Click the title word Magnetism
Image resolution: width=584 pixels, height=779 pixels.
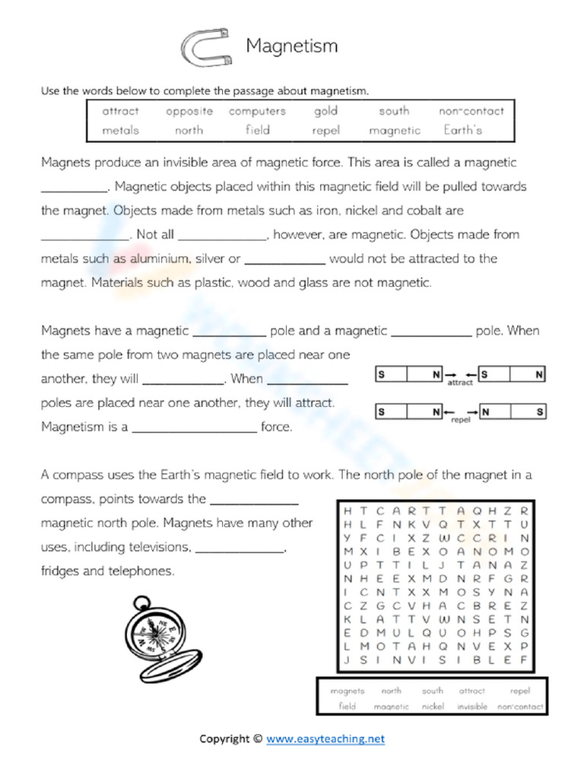[x=291, y=46]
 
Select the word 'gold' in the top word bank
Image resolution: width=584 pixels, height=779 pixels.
[x=325, y=111]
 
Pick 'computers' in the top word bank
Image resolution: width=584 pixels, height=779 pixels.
[x=257, y=111]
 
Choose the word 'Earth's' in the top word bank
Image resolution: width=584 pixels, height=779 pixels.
[x=463, y=129]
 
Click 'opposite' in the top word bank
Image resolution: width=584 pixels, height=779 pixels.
[x=189, y=111]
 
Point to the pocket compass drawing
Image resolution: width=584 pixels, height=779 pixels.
[x=160, y=631]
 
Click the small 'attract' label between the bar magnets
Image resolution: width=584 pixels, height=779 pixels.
[x=460, y=383]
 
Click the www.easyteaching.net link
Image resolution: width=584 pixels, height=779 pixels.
[x=325, y=738]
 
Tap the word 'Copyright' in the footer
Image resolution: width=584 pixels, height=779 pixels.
[x=224, y=738]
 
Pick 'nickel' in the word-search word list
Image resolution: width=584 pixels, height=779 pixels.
[x=433, y=707]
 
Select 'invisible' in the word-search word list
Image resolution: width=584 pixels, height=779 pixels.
[x=472, y=707]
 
